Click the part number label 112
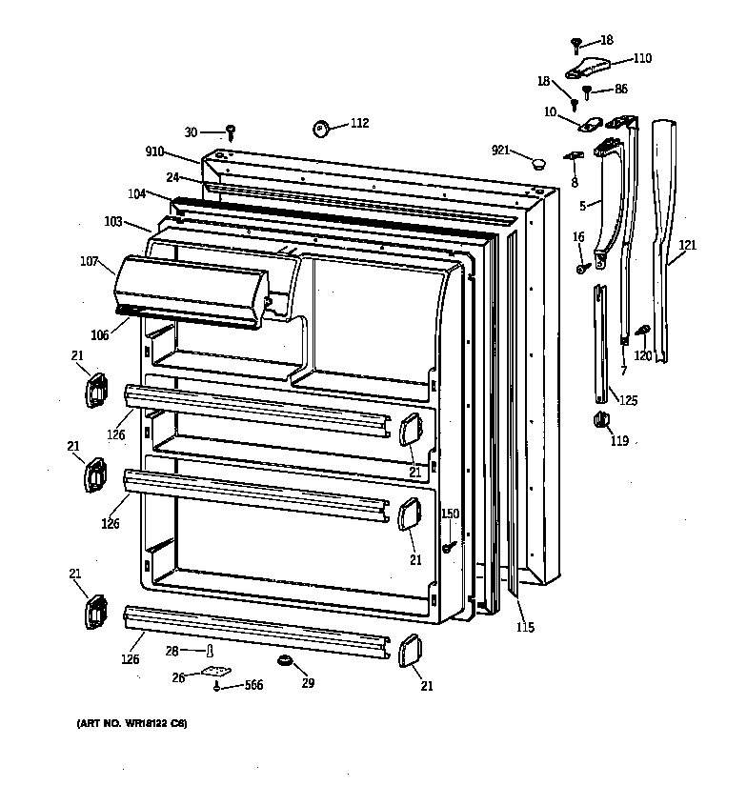359,123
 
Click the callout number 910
155,151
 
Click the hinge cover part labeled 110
589,68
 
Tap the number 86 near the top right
621,90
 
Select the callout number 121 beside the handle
688,246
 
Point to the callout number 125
628,400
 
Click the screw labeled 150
446,547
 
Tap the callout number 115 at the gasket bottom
525,627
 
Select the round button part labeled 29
284,660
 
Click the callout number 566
253,685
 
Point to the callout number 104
137,193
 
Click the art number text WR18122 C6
131,725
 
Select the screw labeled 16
580,268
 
